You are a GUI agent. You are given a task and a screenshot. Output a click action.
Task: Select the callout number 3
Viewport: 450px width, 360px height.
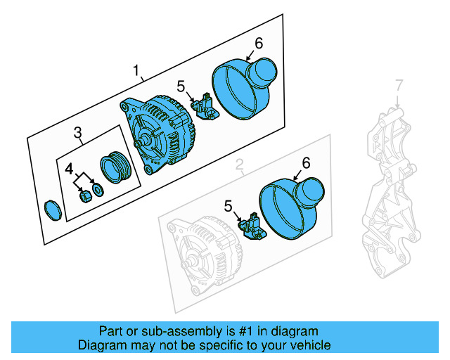coord(78,132)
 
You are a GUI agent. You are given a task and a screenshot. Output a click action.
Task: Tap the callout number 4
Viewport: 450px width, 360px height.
coord(68,169)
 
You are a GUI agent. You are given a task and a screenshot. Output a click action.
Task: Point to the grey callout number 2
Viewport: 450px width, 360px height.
coord(239,166)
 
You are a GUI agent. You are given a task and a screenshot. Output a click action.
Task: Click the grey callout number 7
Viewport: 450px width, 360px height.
coord(399,86)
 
